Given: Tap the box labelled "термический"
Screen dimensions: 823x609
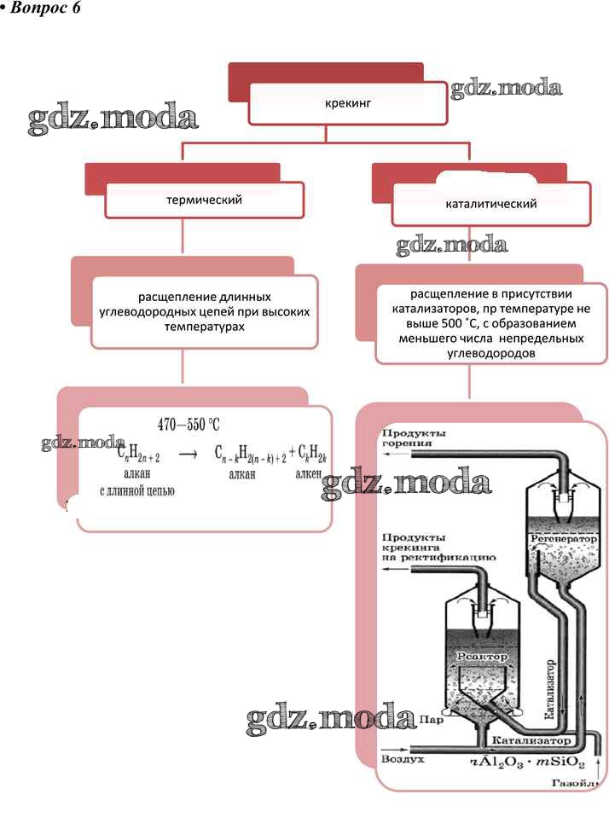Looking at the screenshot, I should (x=205, y=200).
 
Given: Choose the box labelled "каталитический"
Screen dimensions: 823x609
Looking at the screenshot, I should (x=491, y=205).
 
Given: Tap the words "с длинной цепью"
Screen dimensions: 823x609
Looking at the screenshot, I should (x=137, y=490).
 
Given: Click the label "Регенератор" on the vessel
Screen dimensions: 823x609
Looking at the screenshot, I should (x=562, y=540).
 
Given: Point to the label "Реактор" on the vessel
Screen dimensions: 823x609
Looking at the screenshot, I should (x=482, y=657).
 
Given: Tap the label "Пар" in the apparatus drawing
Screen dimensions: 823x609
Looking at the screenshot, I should (x=431, y=721).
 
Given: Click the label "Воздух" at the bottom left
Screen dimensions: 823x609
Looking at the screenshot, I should (x=402, y=757).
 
